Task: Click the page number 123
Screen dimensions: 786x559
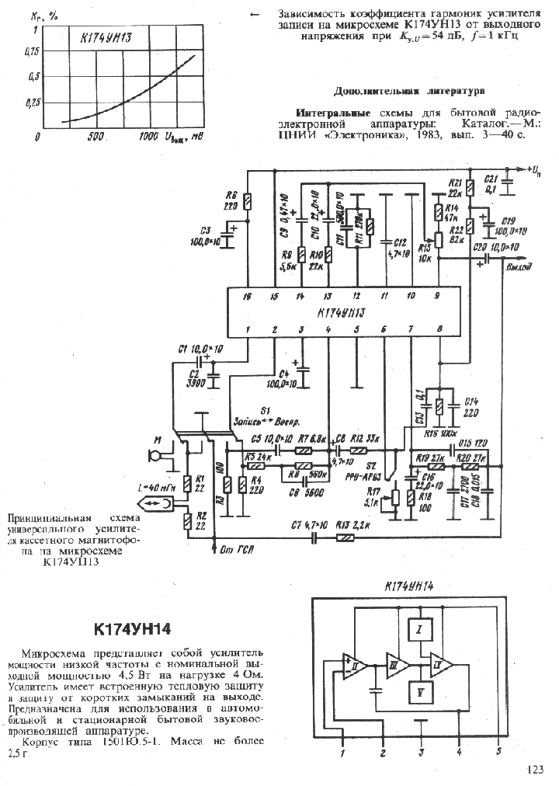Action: (535, 770)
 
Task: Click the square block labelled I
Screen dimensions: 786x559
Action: (418, 630)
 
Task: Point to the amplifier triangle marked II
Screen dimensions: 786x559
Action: (355, 666)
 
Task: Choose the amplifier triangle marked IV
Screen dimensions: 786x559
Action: (441, 666)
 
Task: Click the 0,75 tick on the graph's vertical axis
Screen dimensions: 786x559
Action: (31, 51)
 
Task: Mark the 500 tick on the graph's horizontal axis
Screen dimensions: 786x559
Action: (95, 137)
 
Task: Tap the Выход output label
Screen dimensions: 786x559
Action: (519, 268)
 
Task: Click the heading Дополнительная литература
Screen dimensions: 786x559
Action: (409, 91)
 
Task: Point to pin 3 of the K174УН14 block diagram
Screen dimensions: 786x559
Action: (421, 752)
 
